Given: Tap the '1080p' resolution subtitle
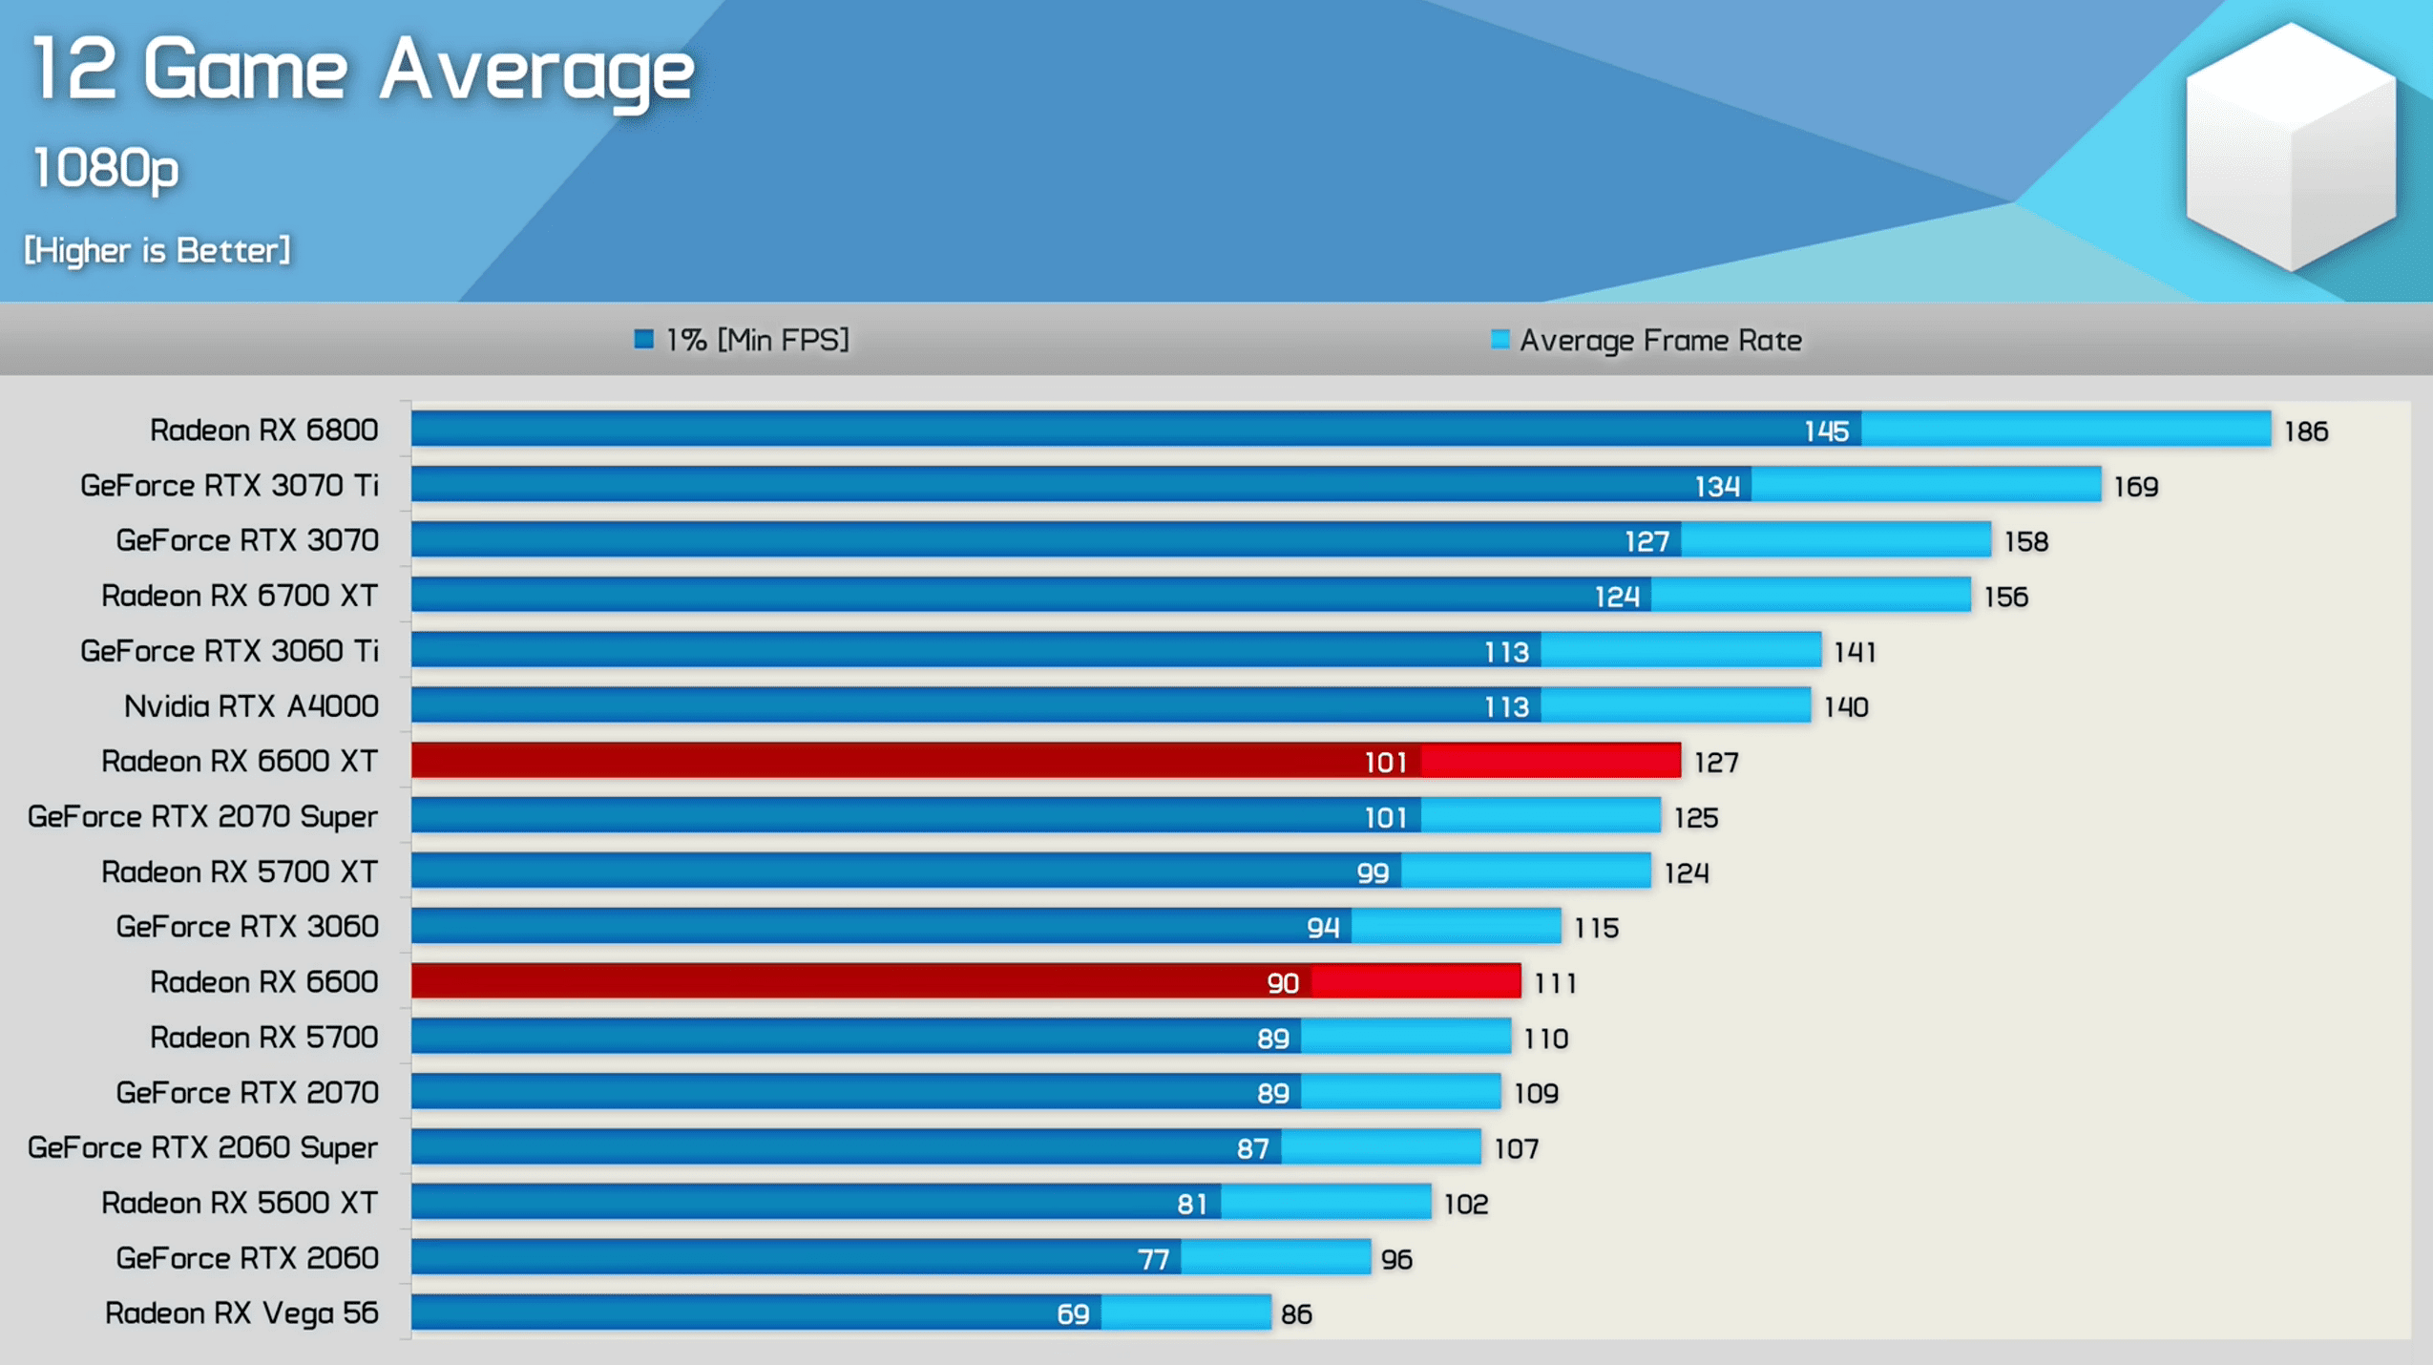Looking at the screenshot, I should click(106, 169).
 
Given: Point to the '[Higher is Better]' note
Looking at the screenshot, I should click(157, 251).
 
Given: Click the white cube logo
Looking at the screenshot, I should click(2291, 148).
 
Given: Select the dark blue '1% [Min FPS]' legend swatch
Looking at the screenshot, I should click(644, 340).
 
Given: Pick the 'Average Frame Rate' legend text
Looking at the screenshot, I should click(1660, 341).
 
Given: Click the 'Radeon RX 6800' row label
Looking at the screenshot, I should click(263, 430).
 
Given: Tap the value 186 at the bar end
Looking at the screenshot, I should click(2305, 431).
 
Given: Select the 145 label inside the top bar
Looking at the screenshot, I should click(1826, 431).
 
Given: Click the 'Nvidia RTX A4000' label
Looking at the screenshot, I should click(251, 706).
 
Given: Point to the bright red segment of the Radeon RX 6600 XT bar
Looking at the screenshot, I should click(1550, 761).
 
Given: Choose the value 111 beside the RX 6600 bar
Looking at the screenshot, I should click(1555, 983).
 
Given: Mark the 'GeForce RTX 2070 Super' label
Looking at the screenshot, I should click(202, 817).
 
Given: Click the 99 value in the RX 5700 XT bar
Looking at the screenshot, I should click(1373, 872).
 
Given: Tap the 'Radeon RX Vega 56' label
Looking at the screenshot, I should click(241, 1313).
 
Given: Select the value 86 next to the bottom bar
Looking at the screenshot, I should click(1296, 1314).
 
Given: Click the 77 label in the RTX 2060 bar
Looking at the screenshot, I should click(1153, 1260).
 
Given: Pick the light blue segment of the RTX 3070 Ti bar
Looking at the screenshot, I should click(1925, 485).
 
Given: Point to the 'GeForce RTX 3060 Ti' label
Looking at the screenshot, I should click(229, 651).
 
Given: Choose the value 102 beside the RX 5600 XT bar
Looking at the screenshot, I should click(1465, 1205).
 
